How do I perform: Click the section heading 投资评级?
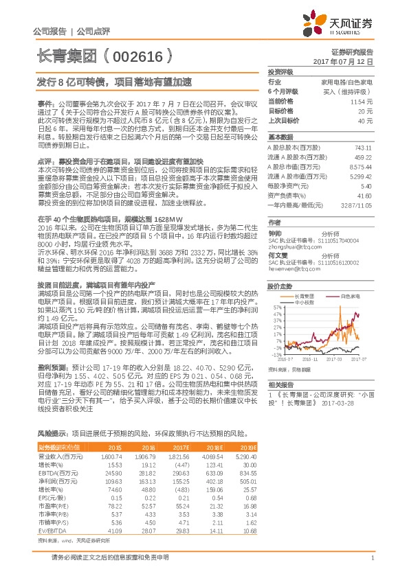(280, 71)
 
